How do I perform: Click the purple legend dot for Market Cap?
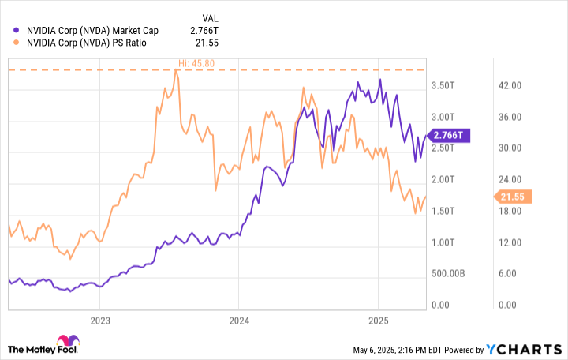[x=17, y=31]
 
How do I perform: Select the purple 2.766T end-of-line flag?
[x=448, y=136]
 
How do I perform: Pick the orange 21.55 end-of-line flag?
[x=513, y=196]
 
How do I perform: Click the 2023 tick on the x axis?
[x=100, y=321]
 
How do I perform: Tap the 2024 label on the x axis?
[x=239, y=321]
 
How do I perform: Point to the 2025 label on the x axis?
[x=379, y=321]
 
